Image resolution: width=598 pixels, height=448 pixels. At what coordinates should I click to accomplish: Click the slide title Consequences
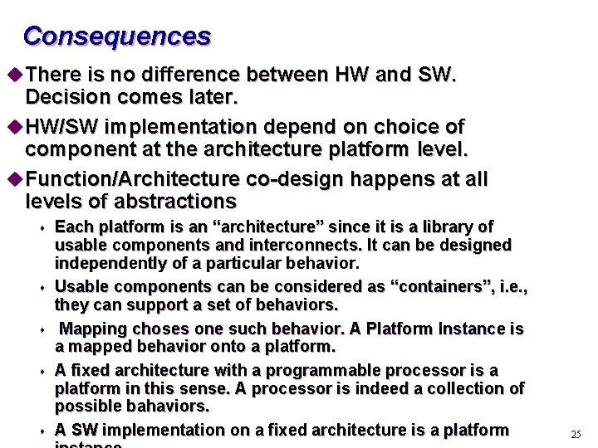click(117, 37)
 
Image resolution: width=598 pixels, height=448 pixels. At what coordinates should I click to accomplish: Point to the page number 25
click(576, 434)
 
